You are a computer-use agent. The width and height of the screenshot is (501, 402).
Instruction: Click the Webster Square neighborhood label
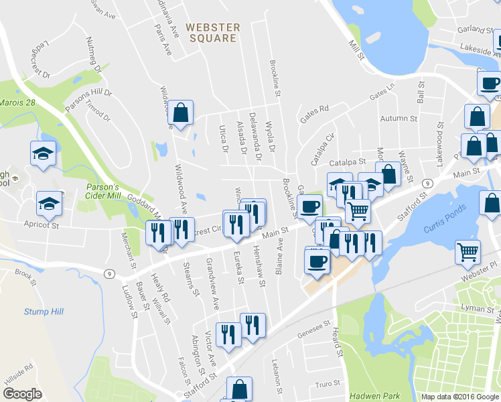(x=212, y=32)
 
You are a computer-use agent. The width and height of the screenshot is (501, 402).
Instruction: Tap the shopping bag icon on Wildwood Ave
(x=181, y=114)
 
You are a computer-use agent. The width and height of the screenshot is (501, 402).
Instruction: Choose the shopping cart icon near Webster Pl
(x=468, y=253)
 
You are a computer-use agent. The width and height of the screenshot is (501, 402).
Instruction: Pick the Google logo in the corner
(x=22, y=393)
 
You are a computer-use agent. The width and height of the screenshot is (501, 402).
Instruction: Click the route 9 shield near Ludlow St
(x=109, y=273)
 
